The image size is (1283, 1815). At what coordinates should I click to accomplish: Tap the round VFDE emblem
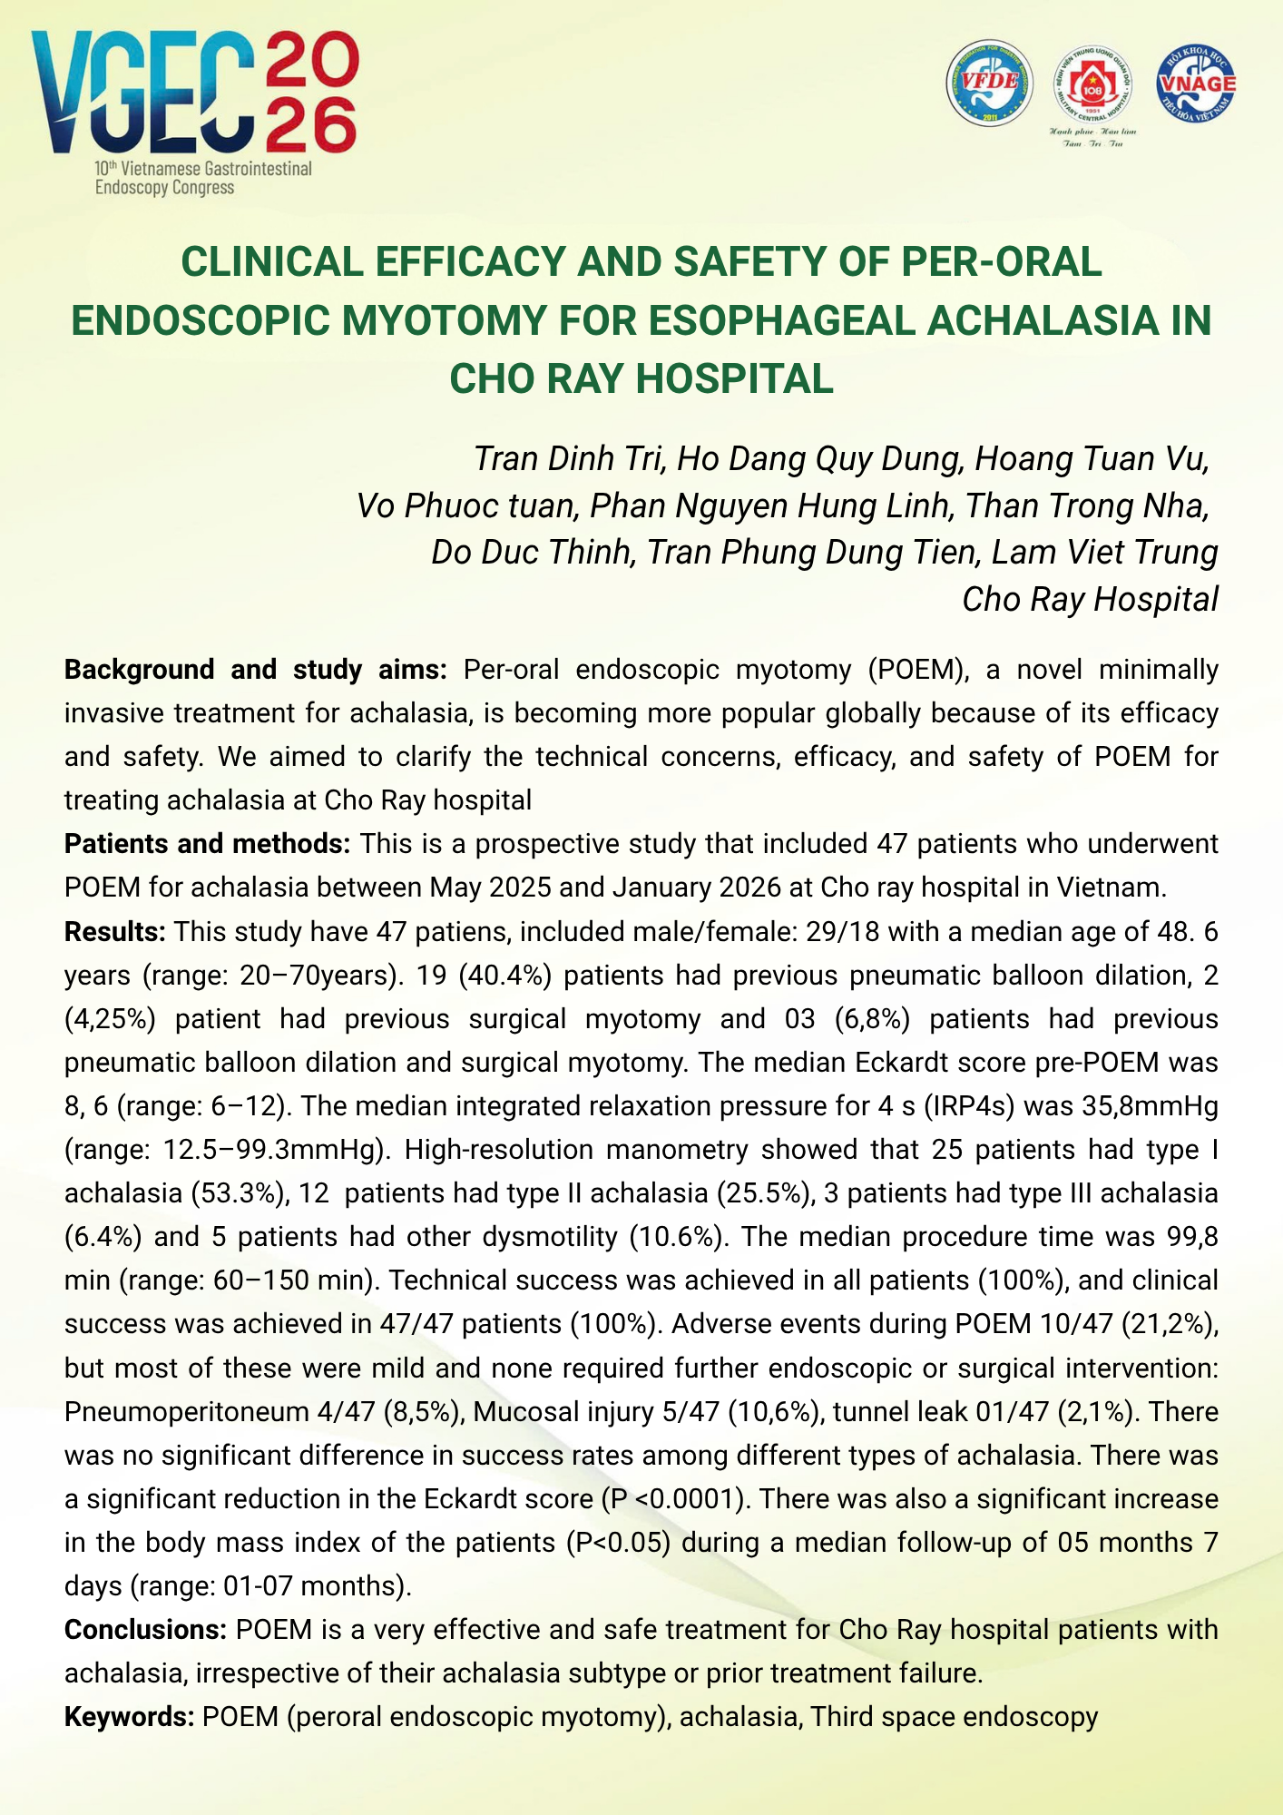[989, 83]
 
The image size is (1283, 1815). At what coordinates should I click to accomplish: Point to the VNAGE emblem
[1197, 83]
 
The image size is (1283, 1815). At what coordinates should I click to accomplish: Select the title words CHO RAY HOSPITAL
[641, 378]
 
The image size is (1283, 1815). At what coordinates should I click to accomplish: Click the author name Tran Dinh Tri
[569, 459]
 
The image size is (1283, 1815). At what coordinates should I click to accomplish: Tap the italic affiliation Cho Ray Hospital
[1090, 600]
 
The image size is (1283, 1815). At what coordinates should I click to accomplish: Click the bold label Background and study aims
[255, 670]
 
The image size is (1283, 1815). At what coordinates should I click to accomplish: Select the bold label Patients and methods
[207, 844]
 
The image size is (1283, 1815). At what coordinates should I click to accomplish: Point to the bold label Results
[114, 931]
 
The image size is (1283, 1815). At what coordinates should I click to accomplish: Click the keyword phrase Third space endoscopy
[954, 1717]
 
